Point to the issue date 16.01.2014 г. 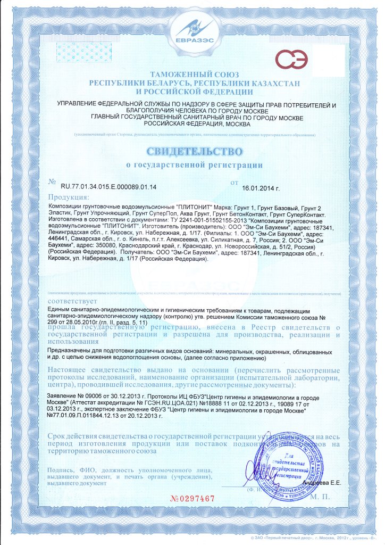pos(261,188)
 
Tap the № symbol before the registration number pos(52,182)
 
